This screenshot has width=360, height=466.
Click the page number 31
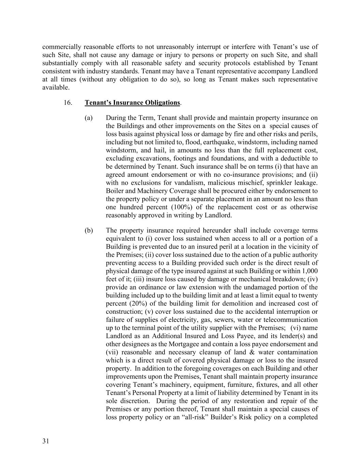46,441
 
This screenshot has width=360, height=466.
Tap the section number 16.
68,102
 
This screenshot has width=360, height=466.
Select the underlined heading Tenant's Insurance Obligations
132,102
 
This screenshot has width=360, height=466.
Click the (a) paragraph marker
89,118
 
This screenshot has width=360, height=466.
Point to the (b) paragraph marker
89,230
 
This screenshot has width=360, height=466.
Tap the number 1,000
310,271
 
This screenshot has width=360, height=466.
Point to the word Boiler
115,191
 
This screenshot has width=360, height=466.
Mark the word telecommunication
291,320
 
